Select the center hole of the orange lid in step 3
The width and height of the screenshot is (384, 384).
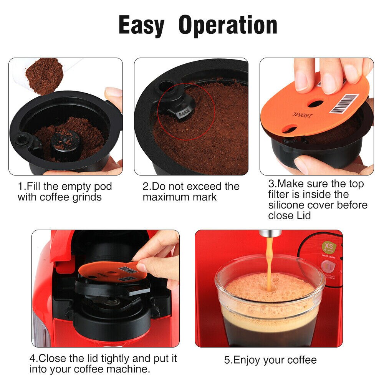click(316, 103)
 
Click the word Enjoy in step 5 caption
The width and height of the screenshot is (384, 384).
click(250, 360)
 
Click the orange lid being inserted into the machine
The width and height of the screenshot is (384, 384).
click(111, 271)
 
